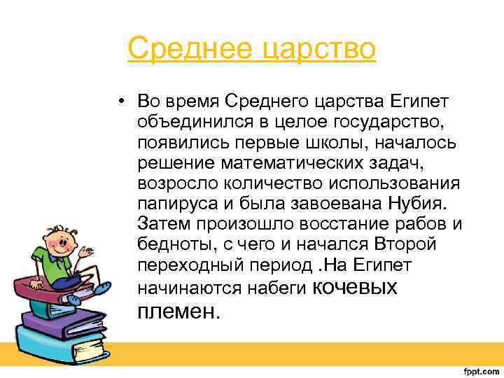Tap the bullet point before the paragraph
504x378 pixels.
[122, 101]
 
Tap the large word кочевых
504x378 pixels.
[353, 287]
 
